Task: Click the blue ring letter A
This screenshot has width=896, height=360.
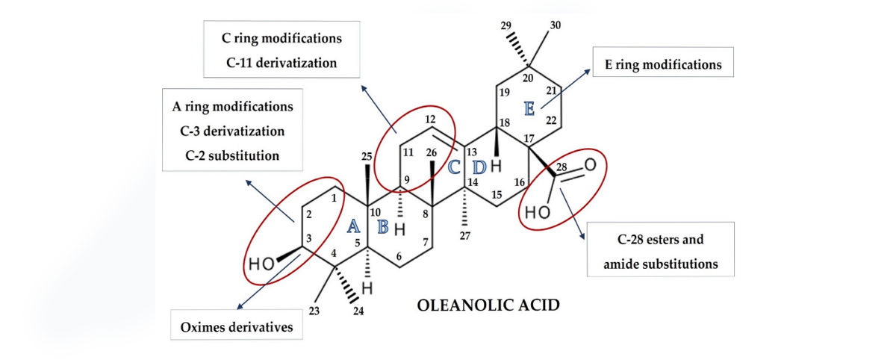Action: point(352,226)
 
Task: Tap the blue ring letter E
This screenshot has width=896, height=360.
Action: point(529,108)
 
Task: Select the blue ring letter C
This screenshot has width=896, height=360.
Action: point(454,167)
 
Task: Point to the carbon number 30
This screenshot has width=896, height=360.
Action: point(556,25)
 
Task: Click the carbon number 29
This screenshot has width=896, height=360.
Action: point(506,25)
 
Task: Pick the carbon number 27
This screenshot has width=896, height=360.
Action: point(464,236)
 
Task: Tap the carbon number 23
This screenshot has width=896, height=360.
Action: point(314,311)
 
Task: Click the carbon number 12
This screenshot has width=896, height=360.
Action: point(430,120)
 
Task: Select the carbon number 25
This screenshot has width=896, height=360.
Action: point(367,156)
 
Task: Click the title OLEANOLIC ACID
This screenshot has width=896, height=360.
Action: point(488,305)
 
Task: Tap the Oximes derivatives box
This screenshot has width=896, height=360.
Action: point(237,325)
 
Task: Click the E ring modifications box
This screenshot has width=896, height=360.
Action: point(663,62)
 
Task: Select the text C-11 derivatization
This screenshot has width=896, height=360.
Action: point(281,63)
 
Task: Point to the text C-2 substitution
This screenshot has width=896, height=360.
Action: point(232,155)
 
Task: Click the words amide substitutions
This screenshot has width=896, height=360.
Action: point(661,264)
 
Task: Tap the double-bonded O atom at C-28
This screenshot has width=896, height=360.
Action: point(590,165)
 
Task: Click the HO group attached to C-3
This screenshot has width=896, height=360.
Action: point(261,264)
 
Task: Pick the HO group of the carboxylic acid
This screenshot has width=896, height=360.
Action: point(537,212)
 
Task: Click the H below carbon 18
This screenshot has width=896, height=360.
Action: point(496,166)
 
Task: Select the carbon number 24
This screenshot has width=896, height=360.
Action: point(358,311)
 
